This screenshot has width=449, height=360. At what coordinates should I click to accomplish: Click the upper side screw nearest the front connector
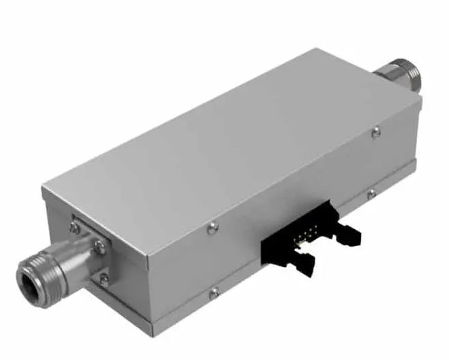pos(213,228)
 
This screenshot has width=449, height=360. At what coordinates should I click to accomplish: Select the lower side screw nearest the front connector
pos(214,293)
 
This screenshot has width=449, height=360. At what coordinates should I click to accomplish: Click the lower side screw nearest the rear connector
pos(372,195)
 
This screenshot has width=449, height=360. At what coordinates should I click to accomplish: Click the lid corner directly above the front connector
pos(43,187)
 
